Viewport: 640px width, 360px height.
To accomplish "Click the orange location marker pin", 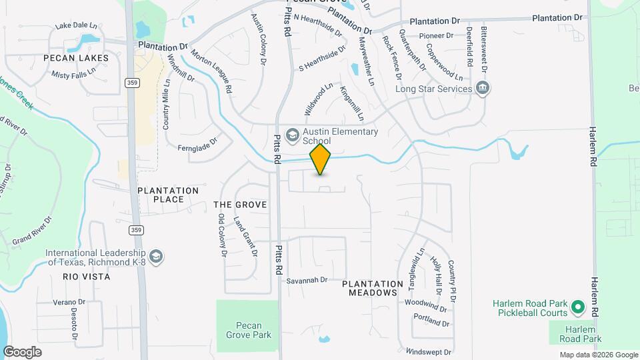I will [x=321, y=159].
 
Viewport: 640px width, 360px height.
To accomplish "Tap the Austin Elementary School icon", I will [x=292, y=136].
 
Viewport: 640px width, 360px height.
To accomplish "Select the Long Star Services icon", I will [x=482, y=88].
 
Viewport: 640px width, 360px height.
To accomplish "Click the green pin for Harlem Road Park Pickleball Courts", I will [x=578, y=307].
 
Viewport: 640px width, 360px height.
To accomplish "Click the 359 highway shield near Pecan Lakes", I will [x=131, y=82].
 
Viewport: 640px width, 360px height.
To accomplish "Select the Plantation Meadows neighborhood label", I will [x=373, y=288].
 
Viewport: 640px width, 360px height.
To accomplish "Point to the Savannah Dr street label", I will [x=307, y=281].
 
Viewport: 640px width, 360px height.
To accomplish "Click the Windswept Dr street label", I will [x=428, y=352].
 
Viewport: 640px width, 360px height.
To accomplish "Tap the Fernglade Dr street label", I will [x=198, y=143].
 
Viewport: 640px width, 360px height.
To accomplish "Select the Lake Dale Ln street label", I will [x=76, y=26].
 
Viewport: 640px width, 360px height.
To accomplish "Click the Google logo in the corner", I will [x=22, y=352].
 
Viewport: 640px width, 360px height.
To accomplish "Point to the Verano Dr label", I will [x=69, y=302].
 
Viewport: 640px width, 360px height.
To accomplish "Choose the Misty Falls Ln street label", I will [x=75, y=75].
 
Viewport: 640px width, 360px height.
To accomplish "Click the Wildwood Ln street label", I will [x=318, y=98].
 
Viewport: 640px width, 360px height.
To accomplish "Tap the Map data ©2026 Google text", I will [x=598, y=355].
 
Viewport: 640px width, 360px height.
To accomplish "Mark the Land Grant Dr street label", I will [x=245, y=236].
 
